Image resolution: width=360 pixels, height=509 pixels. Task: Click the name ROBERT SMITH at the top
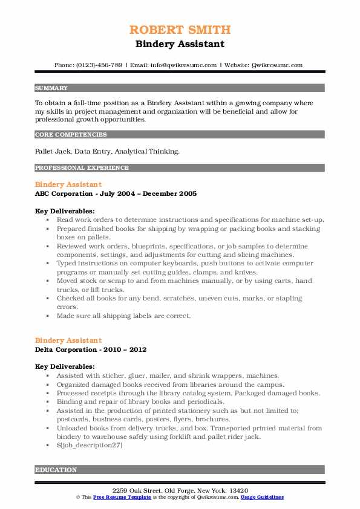pyautogui.click(x=180, y=30)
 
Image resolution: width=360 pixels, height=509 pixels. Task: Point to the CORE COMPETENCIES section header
pyautogui.click(x=71, y=135)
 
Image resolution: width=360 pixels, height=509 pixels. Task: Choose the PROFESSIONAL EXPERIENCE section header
pyautogui.click(x=82, y=167)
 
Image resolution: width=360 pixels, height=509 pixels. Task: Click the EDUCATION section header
pyautogui.click(x=56, y=470)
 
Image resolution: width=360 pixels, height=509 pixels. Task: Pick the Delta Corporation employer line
pyautogui.click(x=91, y=349)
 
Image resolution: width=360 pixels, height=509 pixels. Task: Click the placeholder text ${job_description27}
pyautogui.click(x=90, y=444)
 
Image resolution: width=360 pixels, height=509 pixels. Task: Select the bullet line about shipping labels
pyautogui.click(x=124, y=316)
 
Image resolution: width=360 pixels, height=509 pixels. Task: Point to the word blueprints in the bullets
pyautogui.click(x=143, y=246)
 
